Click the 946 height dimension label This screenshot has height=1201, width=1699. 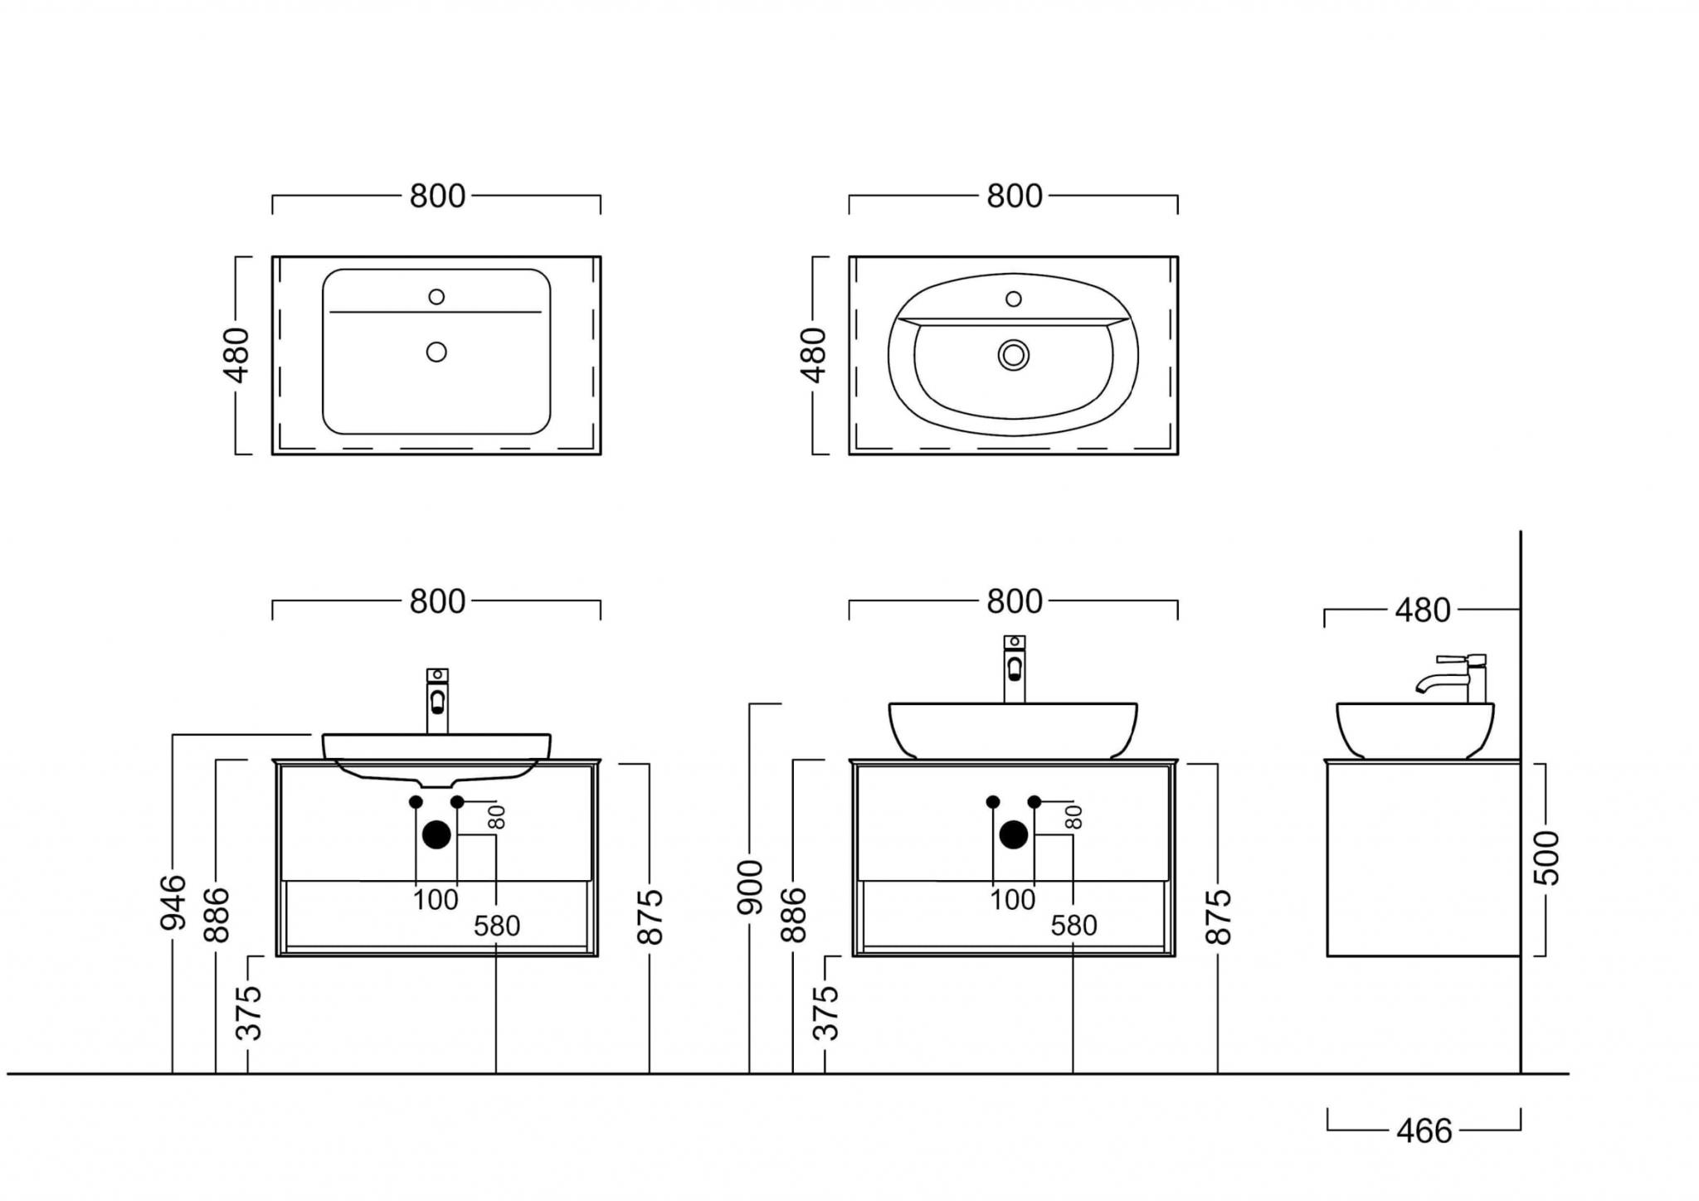173,902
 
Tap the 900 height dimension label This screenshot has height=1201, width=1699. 750,887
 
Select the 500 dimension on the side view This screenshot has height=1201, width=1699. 1546,858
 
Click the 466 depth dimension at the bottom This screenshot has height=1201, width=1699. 1424,1131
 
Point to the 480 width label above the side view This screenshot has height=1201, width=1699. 1422,610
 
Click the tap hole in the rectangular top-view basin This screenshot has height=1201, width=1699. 436,297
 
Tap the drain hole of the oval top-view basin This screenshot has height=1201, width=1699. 1013,355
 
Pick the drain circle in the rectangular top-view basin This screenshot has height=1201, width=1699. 436,352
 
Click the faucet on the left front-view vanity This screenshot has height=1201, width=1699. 437,701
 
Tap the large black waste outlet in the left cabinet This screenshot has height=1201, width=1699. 436,834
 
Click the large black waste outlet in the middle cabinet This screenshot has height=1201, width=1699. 1013,834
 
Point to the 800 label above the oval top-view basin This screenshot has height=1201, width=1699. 1014,197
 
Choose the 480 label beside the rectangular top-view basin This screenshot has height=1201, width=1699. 237,355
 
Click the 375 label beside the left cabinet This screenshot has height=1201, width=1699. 249,1013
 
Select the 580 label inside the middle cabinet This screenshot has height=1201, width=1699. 1073,926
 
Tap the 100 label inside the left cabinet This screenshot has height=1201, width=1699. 436,900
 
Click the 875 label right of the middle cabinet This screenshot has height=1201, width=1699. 1218,917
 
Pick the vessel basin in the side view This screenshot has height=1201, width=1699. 1414,730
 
